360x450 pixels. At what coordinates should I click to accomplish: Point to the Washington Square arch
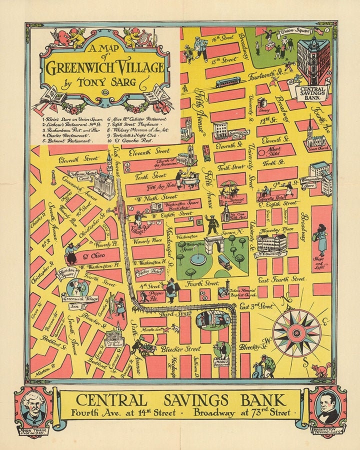tap(214, 244)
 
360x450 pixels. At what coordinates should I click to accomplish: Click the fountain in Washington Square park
tap(197, 259)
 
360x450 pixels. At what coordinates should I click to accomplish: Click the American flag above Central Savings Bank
tap(318, 31)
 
